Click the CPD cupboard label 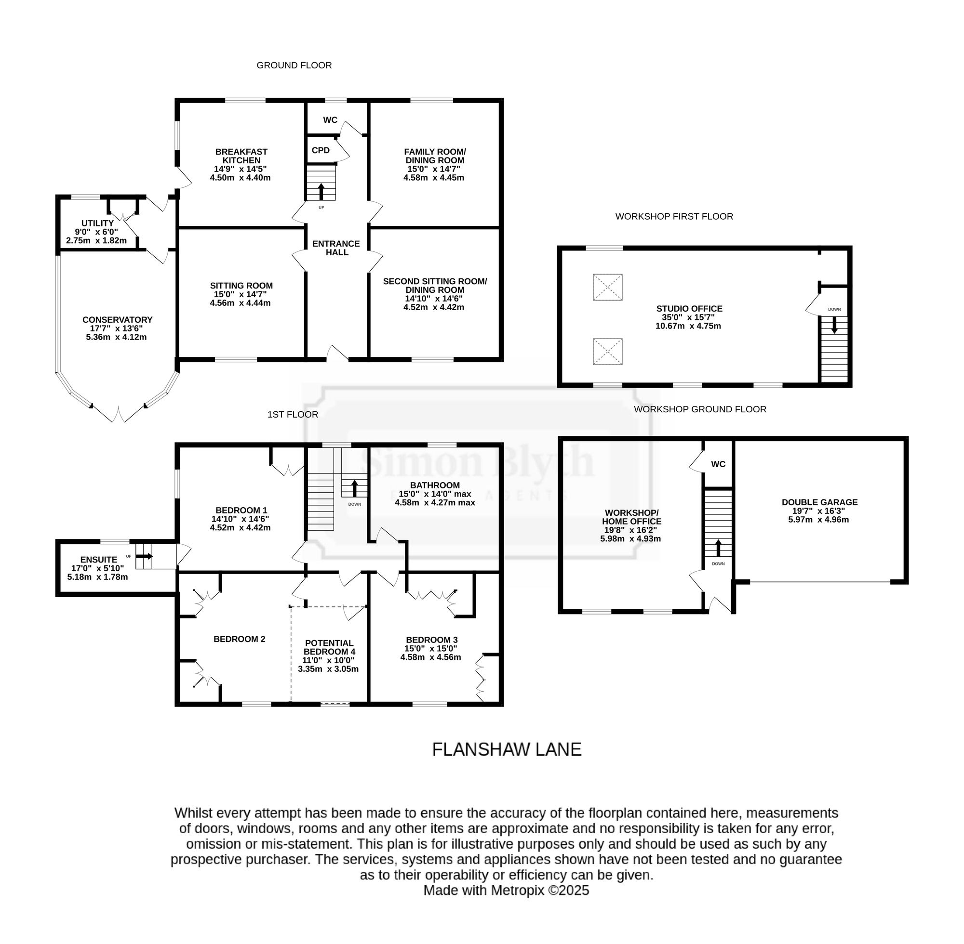click(x=321, y=150)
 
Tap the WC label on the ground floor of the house click(x=331, y=119)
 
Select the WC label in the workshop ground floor click(x=718, y=464)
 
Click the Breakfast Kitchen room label click(x=241, y=156)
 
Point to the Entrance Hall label click(x=336, y=248)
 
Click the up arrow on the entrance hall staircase click(x=321, y=192)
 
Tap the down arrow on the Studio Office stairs click(x=834, y=325)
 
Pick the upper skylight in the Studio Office click(x=607, y=287)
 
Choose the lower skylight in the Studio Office click(x=607, y=352)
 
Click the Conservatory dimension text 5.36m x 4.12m click(x=116, y=337)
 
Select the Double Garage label click(x=819, y=502)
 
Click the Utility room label click(x=97, y=223)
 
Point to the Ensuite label click(x=99, y=559)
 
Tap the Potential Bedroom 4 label click(x=329, y=647)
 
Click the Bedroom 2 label click(x=239, y=639)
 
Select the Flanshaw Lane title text click(x=507, y=748)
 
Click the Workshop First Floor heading click(x=674, y=216)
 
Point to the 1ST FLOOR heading click(x=293, y=414)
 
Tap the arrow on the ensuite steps click(x=147, y=556)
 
